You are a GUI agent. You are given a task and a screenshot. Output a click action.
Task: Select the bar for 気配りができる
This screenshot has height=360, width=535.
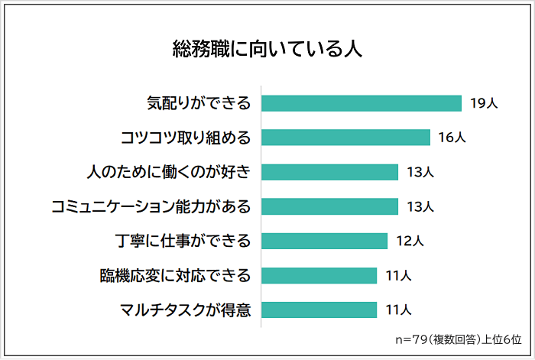[x=362, y=103]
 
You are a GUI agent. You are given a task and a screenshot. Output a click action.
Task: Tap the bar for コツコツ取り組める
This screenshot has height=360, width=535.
[x=346, y=138]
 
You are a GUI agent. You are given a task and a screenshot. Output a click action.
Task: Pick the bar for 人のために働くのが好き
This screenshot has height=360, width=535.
[x=330, y=172]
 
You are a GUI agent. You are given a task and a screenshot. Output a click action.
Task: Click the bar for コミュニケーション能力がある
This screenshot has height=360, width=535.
[x=330, y=206]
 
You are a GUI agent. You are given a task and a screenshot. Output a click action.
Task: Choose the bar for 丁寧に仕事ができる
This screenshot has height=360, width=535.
[x=325, y=242]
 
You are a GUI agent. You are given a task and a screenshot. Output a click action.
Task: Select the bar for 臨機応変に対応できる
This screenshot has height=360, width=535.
[x=319, y=275]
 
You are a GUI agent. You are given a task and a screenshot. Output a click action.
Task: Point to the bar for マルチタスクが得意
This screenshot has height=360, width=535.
[x=319, y=310]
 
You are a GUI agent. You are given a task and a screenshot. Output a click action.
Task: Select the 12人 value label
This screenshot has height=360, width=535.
[x=410, y=242]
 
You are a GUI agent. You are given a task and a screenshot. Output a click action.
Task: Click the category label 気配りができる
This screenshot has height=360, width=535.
[x=199, y=103]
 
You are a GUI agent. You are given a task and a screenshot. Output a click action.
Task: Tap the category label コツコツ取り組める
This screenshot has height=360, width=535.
[x=186, y=138]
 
